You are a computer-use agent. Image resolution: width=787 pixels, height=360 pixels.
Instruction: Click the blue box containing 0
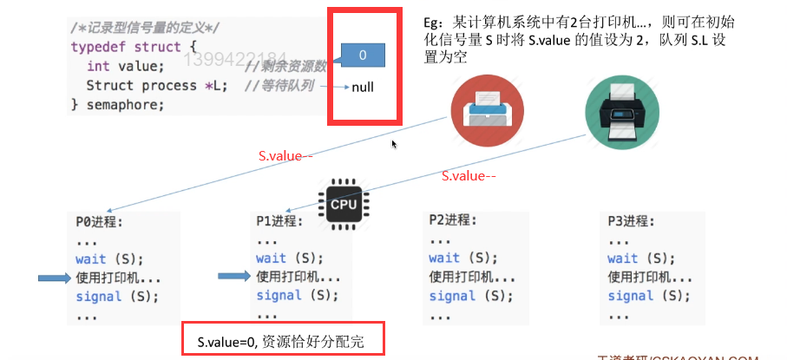[x=363, y=55]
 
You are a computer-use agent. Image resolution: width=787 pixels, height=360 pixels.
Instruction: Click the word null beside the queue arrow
[x=363, y=87]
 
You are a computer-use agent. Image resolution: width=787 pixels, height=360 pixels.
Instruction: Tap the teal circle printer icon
[x=619, y=108]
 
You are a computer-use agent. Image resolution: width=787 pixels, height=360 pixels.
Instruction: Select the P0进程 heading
[x=99, y=221]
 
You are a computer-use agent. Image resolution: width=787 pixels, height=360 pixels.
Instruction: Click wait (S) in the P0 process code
[x=108, y=259]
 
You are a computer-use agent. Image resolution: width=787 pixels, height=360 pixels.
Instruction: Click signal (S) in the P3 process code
[x=642, y=296]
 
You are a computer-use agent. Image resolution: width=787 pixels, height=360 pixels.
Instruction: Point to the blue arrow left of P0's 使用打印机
[x=56, y=278]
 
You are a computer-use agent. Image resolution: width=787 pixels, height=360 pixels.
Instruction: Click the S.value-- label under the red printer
[x=285, y=157]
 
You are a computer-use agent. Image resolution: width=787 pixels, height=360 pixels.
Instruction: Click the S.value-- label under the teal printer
[x=469, y=176]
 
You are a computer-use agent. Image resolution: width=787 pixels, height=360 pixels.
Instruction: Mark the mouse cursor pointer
[x=395, y=144]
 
